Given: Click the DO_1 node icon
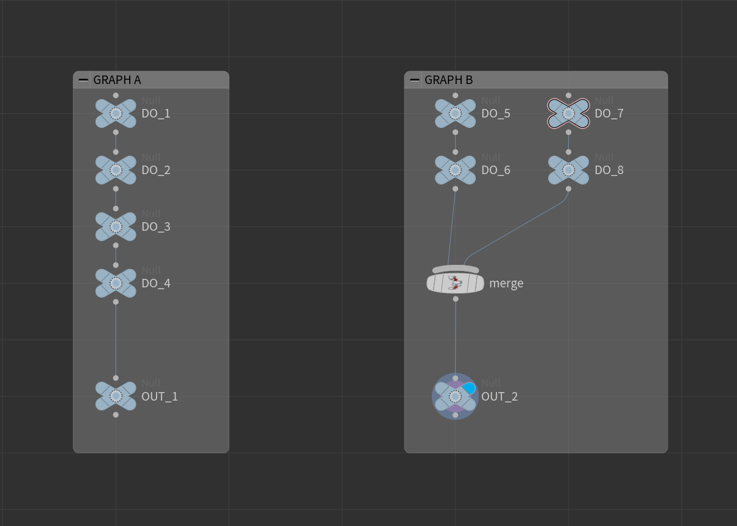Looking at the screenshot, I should pos(116,113).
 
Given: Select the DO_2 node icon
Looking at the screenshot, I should pos(116,170).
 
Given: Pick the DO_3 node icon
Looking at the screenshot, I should pos(116,226).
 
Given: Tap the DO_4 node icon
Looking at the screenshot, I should pos(116,283).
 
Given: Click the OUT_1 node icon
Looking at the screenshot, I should pos(116,396).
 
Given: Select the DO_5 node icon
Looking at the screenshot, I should pos(455,113).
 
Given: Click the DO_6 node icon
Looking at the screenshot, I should pos(455,170).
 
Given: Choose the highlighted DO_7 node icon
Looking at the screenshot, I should pos(568,113).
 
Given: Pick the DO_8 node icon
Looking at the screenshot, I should pos(568,170).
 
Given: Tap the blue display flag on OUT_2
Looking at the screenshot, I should pos(469,388).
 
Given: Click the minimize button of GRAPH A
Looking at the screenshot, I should pos(83,80).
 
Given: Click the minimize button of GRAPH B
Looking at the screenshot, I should pos(415,80).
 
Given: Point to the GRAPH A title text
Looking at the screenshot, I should pos(117,80).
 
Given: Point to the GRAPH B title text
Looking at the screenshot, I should pos(448,80).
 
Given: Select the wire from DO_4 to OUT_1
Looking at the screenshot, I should pos(116,340).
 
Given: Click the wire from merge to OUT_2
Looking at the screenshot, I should pos(456,338).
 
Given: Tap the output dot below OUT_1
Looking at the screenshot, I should pos(116,415).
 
